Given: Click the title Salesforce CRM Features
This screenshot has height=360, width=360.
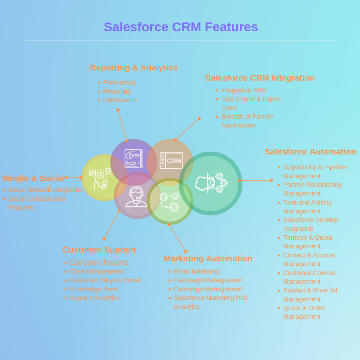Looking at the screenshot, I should (181, 27).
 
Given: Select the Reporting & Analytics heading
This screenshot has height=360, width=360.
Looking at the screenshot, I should (134, 68).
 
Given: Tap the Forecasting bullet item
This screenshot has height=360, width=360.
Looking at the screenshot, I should (120, 82).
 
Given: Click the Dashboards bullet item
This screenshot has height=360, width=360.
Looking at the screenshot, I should (120, 100).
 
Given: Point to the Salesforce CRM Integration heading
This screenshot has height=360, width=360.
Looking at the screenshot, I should (260, 78).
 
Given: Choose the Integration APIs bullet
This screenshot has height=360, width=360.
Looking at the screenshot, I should (244, 90).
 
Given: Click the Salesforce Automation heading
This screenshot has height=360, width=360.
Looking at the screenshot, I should (310, 152).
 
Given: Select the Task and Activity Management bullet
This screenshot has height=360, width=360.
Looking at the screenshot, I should (307, 207).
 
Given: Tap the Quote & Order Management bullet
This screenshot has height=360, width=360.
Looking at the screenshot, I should (304, 312).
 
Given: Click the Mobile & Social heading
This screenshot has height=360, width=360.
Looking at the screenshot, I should (33, 178).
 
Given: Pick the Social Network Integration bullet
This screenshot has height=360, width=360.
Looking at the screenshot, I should (46, 190).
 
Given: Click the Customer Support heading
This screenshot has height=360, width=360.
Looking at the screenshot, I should (99, 250).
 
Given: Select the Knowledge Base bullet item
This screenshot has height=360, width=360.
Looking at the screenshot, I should (94, 289).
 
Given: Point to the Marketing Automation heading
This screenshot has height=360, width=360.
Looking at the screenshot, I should (208, 259).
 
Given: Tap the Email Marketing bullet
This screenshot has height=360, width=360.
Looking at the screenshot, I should (197, 272).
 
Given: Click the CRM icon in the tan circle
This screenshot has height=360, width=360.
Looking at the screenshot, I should (171, 160).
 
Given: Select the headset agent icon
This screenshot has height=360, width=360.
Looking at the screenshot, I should (136, 197).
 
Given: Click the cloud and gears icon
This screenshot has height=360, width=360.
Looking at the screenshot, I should (211, 183).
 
